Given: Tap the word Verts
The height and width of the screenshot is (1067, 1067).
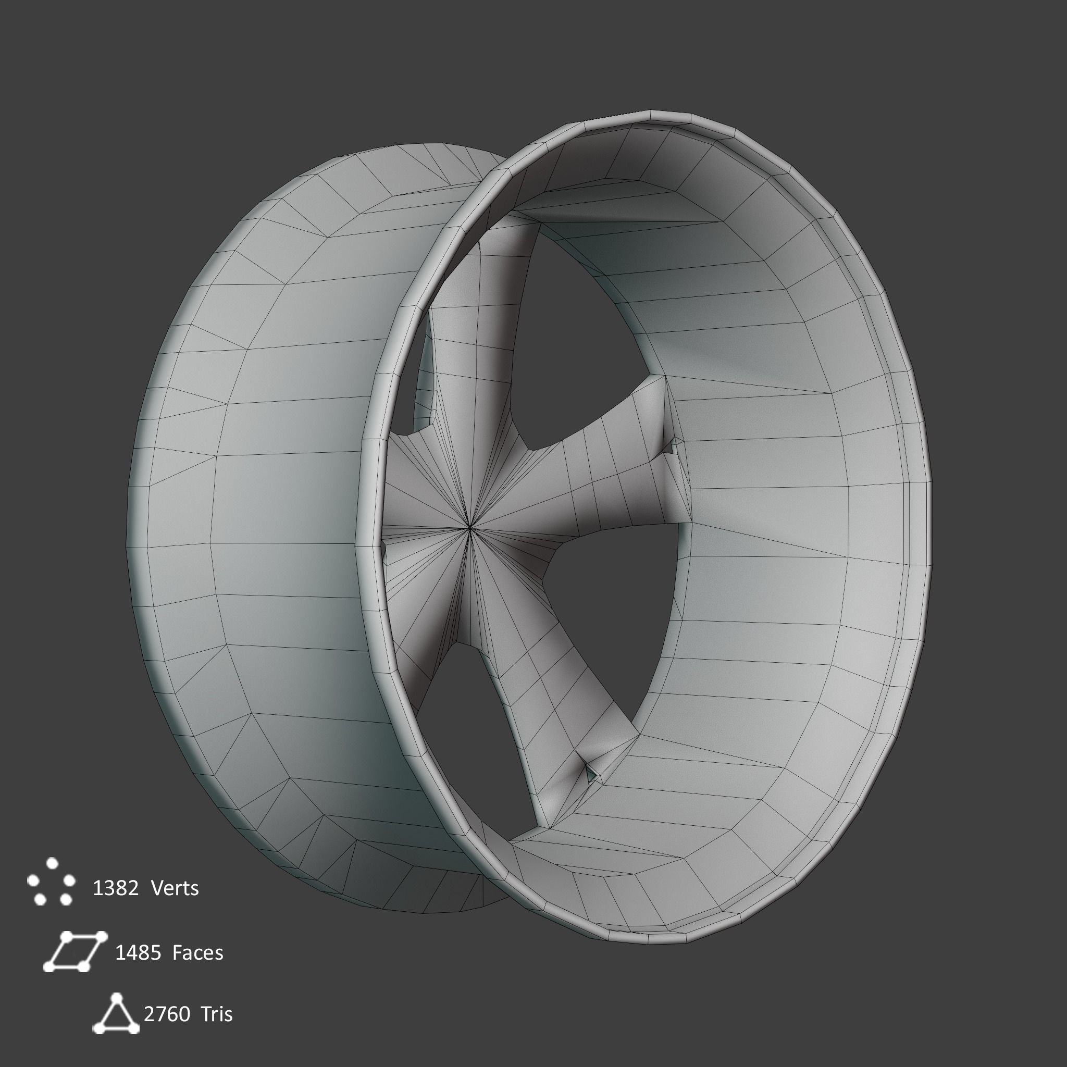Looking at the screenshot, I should tap(175, 889).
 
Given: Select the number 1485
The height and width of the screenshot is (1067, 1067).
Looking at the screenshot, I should tap(138, 953).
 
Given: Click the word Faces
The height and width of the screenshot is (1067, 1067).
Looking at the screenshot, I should tap(197, 953).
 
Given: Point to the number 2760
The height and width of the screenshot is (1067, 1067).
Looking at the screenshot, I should tap(167, 1014).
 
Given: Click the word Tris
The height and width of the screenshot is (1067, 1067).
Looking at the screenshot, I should tap(217, 1014).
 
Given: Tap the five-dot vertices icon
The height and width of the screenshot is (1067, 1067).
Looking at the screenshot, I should tap(52, 882).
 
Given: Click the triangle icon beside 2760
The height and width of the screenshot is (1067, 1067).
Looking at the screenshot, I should tap(116, 1014).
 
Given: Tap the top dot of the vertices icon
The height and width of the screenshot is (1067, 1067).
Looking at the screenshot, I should tap(52, 863).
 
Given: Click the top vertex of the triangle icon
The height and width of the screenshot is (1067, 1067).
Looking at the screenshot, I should tap(116, 997).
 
